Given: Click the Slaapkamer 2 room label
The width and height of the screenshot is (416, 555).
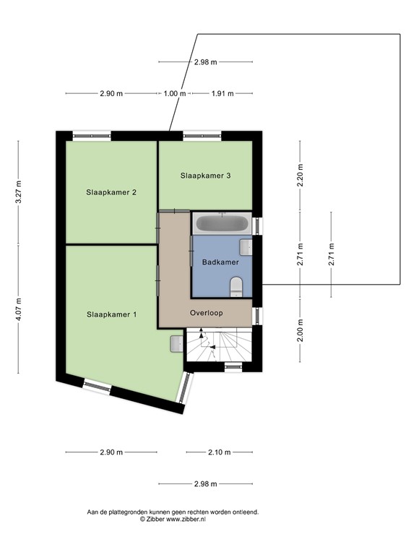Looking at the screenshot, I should click(x=111, y=192).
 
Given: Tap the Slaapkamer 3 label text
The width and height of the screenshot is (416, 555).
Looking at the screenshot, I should click(x=206, y=176).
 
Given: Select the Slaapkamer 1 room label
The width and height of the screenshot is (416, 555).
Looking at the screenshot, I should click(x=111, y=314).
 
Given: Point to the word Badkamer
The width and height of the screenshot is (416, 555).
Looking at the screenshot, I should click(x=220, y=262).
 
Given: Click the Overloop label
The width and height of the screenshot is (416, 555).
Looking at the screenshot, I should click(x=207, y=314).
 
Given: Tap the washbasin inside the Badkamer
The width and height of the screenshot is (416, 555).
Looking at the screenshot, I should click(x=246, y=247).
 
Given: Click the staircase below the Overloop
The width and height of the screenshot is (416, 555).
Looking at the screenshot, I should click(x=220, y=345).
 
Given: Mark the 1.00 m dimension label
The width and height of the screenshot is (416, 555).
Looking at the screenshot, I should click(x=174, y=94).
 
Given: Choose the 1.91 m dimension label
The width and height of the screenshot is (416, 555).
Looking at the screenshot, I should click(x=222, y=94).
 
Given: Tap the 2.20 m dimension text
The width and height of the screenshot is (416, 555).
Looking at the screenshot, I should click(x=300, y=176).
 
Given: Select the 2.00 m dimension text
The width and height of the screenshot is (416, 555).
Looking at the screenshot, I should click(x=300, y=330).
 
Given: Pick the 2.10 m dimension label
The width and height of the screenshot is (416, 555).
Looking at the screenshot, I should click(x=219, y=452).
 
